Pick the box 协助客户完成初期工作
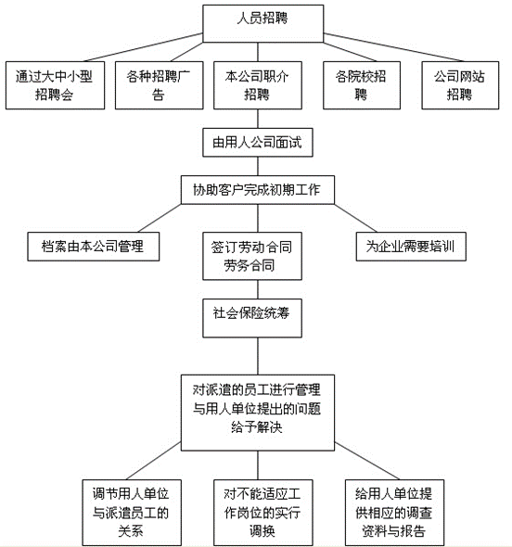point(255,189)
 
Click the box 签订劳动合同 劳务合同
point(255,257)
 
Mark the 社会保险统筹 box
point(255,312)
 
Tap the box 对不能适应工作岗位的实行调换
point(255,511)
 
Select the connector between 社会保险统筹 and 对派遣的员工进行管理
point(255,350)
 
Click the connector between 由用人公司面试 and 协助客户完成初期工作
point(255,166)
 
